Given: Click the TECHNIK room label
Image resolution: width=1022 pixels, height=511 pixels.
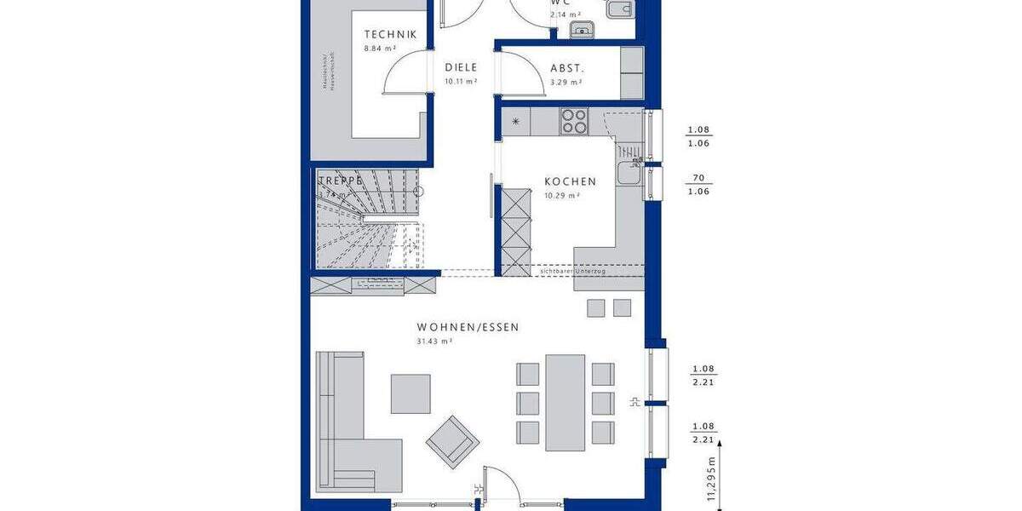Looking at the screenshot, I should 390,35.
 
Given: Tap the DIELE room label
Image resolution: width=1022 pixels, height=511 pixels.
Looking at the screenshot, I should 461,68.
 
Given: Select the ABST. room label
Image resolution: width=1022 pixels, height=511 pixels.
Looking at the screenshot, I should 566,69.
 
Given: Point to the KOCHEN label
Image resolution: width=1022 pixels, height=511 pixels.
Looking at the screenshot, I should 570,181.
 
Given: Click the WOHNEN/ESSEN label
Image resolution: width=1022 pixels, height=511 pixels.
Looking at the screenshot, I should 468,327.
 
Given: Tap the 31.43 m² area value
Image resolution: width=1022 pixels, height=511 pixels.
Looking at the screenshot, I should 434,341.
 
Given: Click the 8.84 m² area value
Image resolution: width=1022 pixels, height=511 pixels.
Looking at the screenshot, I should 379,49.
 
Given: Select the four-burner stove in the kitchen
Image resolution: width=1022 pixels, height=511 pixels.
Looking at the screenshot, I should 574,121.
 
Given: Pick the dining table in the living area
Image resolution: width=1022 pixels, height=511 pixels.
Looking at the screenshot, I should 566,402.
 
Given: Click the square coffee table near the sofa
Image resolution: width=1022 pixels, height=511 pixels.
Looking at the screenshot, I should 411,393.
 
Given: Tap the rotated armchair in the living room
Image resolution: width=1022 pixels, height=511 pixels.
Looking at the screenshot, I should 453,442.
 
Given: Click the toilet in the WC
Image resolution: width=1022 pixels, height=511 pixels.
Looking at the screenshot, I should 618,9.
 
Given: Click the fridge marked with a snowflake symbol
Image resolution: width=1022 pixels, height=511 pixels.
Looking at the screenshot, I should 515,122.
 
